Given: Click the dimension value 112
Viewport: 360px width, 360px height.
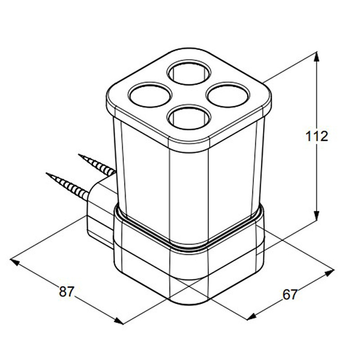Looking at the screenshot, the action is [317, 136].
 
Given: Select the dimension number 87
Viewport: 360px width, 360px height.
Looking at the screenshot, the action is [67, 292].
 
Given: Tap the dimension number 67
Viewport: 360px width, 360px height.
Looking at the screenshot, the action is [290, 294].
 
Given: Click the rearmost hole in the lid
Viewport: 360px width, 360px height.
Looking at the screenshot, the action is [189, 72].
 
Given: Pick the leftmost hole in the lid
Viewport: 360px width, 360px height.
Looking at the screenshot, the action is [150, 94].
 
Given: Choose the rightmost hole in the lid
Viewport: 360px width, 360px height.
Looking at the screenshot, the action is [228, 94].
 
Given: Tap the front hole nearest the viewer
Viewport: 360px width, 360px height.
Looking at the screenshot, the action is [189, 117].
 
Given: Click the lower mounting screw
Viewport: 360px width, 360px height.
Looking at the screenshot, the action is [67, 186].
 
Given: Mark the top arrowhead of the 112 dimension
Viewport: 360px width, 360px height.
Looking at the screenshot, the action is [317, 56].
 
